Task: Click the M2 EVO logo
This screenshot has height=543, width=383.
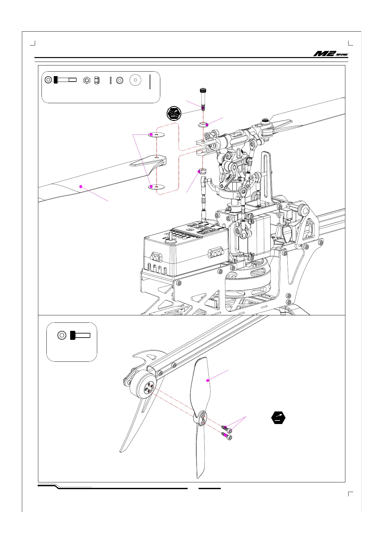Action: pyautogui.click(x=331, y=54)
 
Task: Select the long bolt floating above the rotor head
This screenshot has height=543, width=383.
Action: pyautogui.click(x=203, y=98)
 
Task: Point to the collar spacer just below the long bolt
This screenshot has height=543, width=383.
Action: pyautogui.click(x=203, y=124)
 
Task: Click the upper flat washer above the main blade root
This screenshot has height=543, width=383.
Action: pyautogui.click(x=156, y=134)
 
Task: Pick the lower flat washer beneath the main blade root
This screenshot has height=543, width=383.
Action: pyautogui.click(x=156, y=187)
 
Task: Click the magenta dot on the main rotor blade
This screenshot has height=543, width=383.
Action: pyautogui.click(x=81, y=186)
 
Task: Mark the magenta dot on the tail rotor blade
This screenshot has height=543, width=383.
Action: pyautogui.click(x=208, y=380)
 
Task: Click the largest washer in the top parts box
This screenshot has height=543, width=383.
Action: pyautogui.click(x=135, y=80)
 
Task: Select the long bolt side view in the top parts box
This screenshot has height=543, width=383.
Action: pyautogui.click(x=65, y=80)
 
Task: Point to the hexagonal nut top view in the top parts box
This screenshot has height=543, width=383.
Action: pyautogui.click(x=87, y=80)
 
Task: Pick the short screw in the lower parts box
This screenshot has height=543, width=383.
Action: pyautogui.click(x=80, y=335)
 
